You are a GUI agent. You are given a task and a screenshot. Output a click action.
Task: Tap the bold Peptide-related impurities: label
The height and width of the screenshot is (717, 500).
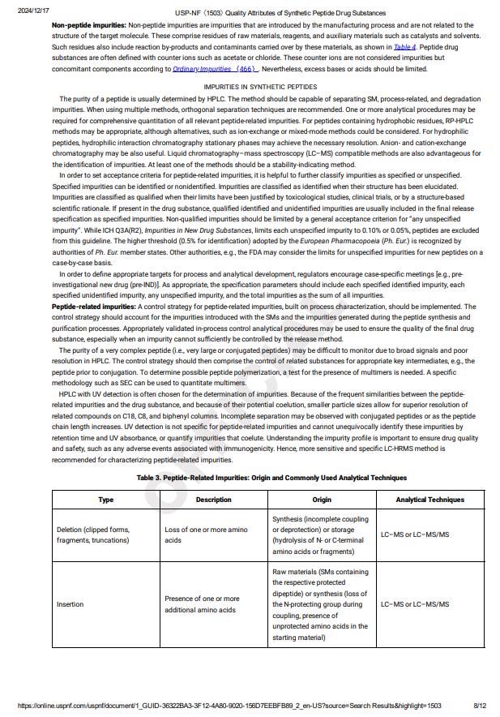tap(94, 307)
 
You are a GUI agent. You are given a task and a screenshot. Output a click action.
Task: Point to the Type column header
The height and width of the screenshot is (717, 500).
tap(106, 500)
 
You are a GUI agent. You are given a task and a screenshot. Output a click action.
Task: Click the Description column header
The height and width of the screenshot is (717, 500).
tap(214, 500)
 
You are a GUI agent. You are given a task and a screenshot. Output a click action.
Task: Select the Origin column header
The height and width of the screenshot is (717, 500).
tap(322, 500)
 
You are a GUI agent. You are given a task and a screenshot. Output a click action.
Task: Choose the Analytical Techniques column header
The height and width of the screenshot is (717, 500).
tap(429, 500)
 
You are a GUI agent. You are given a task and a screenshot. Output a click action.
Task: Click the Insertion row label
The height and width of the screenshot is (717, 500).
tap(70, 604)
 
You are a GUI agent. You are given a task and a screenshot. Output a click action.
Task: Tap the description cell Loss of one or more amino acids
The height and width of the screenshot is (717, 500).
tap(206, 535)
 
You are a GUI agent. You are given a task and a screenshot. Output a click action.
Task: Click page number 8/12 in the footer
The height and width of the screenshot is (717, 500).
tap(480, 706)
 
